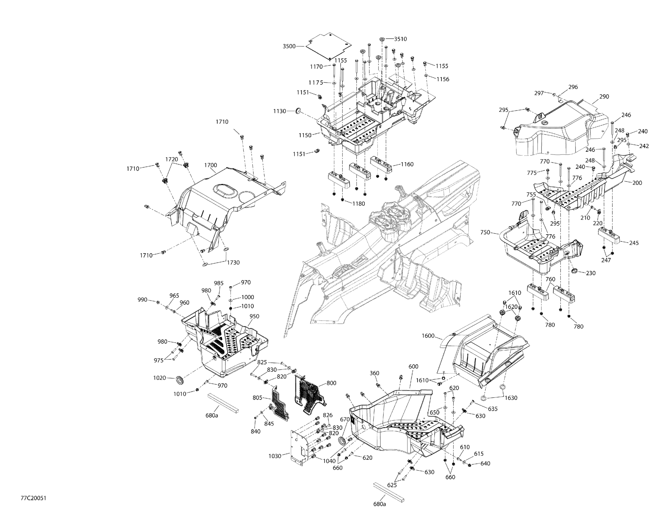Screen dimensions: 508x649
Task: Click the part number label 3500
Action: click(x=289, y=46)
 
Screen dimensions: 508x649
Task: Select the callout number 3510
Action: click(x=400, y=39)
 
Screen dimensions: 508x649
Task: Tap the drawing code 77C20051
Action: click(x=33, y=498)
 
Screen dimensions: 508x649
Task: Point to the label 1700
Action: click(x=211, y=165)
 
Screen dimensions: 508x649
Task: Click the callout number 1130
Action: click(x=280, y=111)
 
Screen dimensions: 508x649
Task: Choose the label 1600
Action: click(x=428, y=336)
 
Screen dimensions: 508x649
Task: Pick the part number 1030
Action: click(x=275, y=456)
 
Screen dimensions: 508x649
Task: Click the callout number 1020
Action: click(x=159, y=378)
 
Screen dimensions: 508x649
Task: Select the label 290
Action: click(x=604, y=97)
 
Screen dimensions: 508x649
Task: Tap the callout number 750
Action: click(x=485, y=232)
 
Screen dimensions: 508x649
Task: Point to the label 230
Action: click(x=590, y=273)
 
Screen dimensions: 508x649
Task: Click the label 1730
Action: click(x=233, y=262)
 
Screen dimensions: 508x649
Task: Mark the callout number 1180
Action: click(x=358, y=203)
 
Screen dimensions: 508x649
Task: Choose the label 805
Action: click(x=257, y=398)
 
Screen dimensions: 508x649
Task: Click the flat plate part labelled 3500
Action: click(x=327, y=46)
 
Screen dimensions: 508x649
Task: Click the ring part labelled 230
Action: click(x=574, y=271)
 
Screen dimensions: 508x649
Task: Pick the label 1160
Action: click(x=407, y=164)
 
